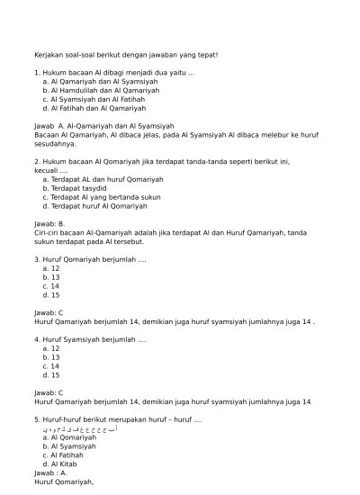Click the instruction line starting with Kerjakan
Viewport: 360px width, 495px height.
(126, 55)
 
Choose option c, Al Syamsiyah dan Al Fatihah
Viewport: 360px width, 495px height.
(98, 99)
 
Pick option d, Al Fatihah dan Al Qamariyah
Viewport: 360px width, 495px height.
(98, 108)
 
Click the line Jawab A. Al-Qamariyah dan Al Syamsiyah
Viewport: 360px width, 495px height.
(103, 126)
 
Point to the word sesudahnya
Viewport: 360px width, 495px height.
(55, 143)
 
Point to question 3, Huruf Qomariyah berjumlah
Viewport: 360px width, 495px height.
(90, 258)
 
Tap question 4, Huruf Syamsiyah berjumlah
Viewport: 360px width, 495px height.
(90, 339)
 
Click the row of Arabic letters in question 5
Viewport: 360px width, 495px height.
(81, 429)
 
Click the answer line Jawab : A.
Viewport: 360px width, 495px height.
(50, 472)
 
